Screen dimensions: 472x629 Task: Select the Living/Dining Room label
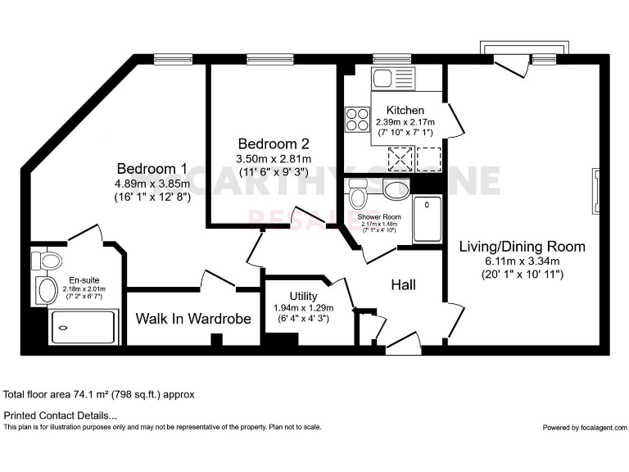tap(522, 246)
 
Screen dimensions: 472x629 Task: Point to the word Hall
tap(403, 285)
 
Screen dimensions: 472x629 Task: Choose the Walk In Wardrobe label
tap(193, 318)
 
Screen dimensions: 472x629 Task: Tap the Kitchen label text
tap(405, 110)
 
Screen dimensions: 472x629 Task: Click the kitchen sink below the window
tap(383, 79)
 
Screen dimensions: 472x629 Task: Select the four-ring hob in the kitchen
tap(358, 121)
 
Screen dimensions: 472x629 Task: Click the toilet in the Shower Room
tap(358, 195)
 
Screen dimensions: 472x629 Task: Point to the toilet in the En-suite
tap(48, 261)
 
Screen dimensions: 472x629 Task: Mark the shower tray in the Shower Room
tap(427, 219)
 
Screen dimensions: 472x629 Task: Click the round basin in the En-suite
tap(46, 289)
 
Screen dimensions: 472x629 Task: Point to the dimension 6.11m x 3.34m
tap(522, 261)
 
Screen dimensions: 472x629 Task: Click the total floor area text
tap(99, 394)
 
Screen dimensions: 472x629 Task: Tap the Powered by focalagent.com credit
tap(584, 428)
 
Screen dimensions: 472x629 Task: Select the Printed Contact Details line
tap(61, 416)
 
